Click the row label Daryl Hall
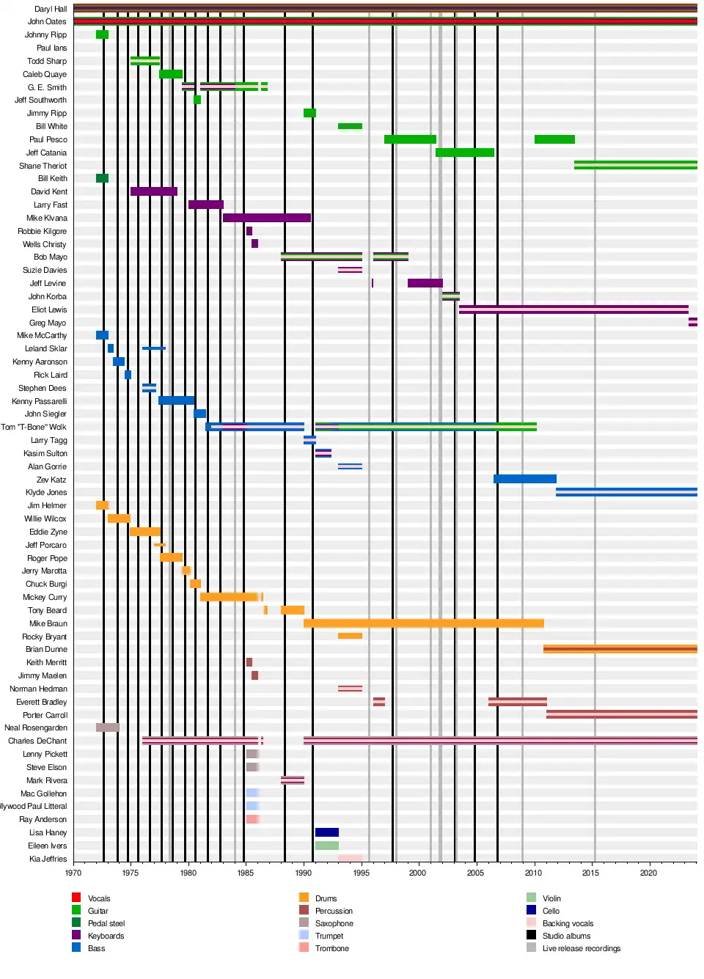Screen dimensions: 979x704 tap(50, 9)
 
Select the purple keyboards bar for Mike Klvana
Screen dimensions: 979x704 tap(266, 218)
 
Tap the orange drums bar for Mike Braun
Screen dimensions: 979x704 tap(423, 623)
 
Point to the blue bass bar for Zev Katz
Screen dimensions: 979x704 tap(524, 479)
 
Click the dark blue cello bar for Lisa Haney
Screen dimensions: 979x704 tap(326, 832)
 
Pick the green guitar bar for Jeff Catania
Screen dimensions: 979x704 tap(464, 153)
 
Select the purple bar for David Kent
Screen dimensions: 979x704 tap(153, 191)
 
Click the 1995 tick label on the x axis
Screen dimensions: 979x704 tap(361, 873)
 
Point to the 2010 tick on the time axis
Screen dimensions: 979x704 tap(533, 873)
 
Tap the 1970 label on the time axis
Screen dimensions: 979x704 tap(73, 873)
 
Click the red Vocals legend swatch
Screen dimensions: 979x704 tap(76, 898)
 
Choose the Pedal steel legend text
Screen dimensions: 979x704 tap(106, 923)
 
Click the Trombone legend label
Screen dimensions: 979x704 tap(331, 948)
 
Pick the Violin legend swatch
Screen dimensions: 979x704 tap(531, 898)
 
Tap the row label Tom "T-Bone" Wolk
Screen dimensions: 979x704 tap(34, 427)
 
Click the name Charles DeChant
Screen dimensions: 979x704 tap(37, 741)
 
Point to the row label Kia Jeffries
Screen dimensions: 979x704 tap(48, 859)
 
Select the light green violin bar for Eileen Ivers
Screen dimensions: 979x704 tap(326, 846)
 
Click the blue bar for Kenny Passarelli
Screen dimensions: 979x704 tap(176, 400)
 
